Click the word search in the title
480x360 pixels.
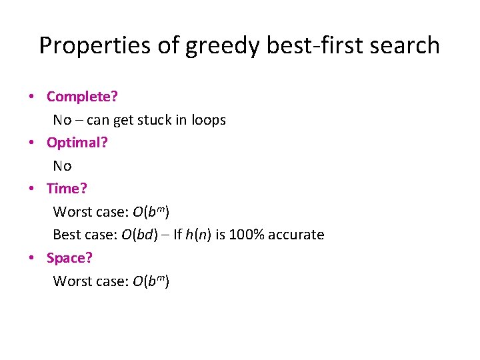[x=403, y=45]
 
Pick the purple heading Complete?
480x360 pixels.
[x=82, y=97]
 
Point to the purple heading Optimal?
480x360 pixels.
[x=77, y=142]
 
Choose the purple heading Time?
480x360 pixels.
[x=67, y=189]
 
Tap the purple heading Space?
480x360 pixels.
[x=71, y=257]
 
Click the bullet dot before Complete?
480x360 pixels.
[x=32, y=97]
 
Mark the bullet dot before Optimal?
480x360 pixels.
[x=32, y=143]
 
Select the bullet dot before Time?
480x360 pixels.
[x=32, y=189]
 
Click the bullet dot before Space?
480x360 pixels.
[x=32, y=258]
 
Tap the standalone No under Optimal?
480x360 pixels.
[x=62, y=165]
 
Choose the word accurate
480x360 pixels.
[x=297, y=235]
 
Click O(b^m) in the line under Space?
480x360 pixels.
[x=151, y=281]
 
